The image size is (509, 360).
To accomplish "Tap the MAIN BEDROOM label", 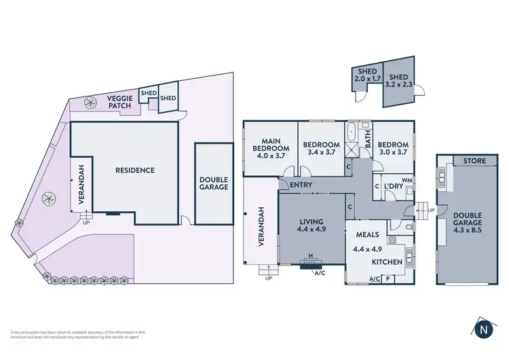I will coord(271,144).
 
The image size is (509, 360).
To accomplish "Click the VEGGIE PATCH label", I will coord(119,103).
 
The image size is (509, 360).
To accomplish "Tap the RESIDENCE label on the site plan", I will coord(134,170).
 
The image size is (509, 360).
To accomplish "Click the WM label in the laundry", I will coord(407,180).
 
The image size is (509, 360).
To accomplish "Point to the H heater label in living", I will coord(311,257).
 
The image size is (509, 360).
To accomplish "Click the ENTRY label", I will coord(300,185).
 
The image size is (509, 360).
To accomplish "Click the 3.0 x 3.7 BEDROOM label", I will coord(392,148).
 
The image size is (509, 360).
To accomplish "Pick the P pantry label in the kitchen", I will coord(388,278).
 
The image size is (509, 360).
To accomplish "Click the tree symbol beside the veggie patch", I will coord(89,103).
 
